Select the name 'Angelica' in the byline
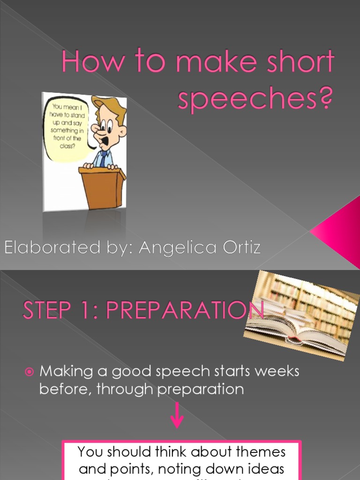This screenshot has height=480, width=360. tap(178, 247)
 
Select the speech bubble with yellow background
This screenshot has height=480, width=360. tap(67, 129)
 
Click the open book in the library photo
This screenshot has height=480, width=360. tap(300, 335)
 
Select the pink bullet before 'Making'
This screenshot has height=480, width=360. tap(30, 372)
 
